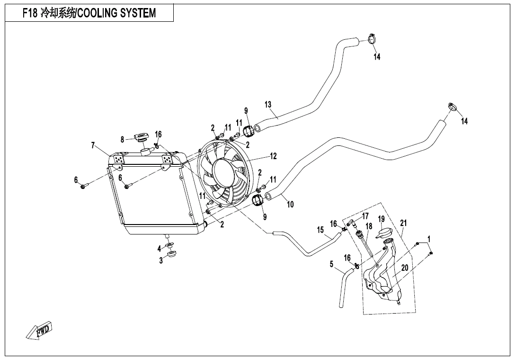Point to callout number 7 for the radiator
coord(93,145)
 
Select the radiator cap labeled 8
coord(141,138)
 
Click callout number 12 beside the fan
coord(273,156)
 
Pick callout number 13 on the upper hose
coord(268,104)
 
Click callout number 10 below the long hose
coord(290,205)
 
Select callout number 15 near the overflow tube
coord(320,230)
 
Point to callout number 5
coord(332,264)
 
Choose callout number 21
coord(403,223)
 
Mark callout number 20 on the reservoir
coord(404,268)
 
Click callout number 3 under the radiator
coord(161,261)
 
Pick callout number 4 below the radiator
coord(160,248)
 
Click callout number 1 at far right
coord(429,239)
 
